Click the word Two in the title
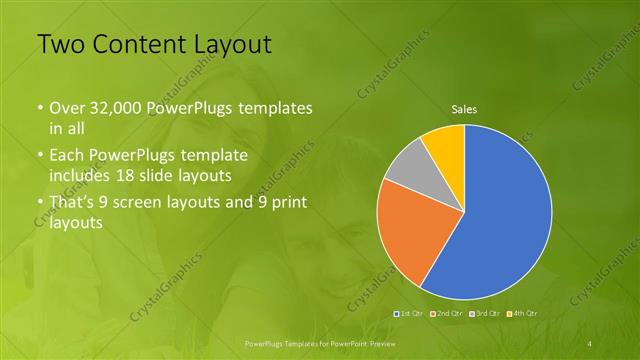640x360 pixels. (x=61, y=44)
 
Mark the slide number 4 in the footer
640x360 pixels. (x=590, y=342)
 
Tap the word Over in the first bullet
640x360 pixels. (x=67, y=108)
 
